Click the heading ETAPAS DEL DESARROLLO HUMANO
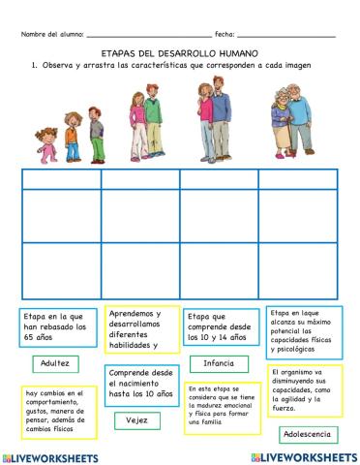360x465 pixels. [180, 53]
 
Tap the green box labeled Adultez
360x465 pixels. [56, 363]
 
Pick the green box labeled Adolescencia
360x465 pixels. [300, 434]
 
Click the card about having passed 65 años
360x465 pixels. [56, 329]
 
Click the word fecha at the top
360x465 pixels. [224, 34]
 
